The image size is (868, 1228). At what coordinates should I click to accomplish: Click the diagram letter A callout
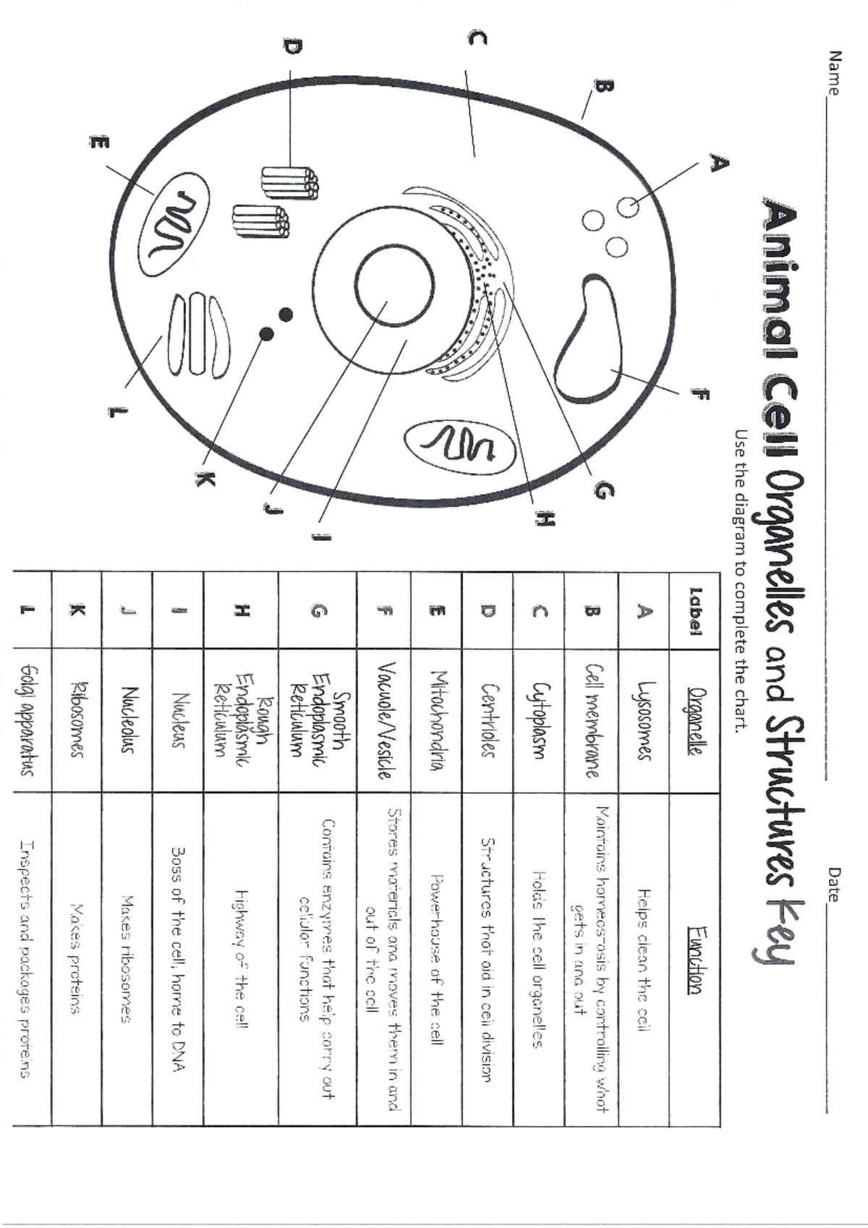[718, 163]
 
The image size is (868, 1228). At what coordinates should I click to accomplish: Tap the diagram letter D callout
[291, 48]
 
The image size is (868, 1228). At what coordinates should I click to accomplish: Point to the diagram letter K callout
[205, 479]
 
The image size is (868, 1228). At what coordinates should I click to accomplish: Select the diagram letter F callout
[699, 394]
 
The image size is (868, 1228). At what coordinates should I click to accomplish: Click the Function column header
[694, 959]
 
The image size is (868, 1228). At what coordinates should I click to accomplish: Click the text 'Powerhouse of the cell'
[437, 959]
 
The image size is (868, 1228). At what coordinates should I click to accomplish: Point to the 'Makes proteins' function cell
[76, 959]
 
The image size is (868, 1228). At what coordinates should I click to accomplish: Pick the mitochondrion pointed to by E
[174, 224]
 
